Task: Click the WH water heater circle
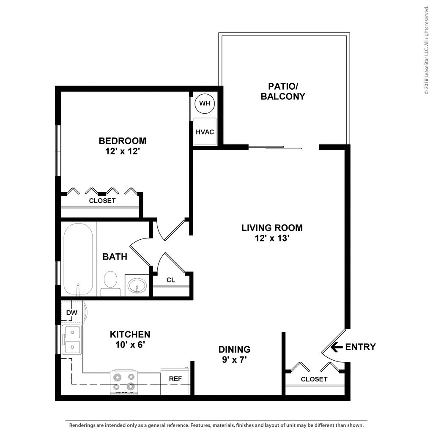point(204,103)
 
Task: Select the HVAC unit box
point(205,132)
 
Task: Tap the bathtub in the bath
point(78,259)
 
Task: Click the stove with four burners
point(124,382)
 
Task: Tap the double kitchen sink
point(71,339)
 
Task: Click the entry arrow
point(337,347)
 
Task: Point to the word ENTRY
point(360,347)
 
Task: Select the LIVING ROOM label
point(272,228)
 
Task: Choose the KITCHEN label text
point(130,334)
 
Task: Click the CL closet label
point(171,280)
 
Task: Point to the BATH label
point(115,257)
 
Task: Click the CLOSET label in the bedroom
point(102,201)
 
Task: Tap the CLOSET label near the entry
point(314,379)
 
